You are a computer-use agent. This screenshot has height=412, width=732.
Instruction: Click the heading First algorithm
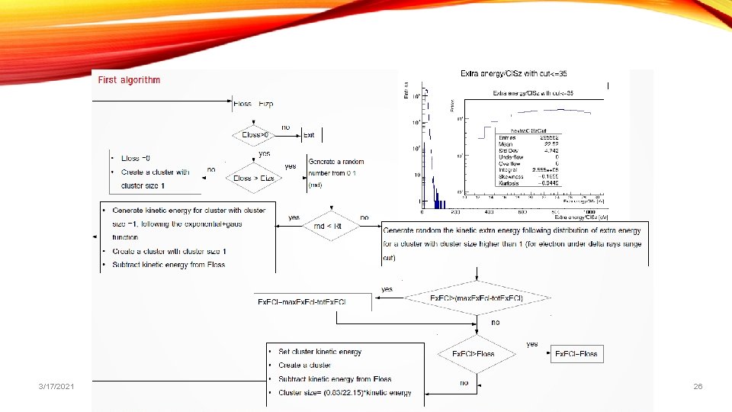(127, 80)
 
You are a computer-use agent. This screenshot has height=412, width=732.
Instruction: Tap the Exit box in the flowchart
(309, 135)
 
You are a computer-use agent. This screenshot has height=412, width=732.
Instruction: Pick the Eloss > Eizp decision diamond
(254, 178)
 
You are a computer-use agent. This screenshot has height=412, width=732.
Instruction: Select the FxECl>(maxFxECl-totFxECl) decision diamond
(477, 298)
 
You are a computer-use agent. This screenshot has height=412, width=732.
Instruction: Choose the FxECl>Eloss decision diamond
(474, 354)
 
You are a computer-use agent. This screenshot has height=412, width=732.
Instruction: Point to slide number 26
(698, 388)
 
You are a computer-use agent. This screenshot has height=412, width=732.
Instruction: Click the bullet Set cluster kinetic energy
(320, 352)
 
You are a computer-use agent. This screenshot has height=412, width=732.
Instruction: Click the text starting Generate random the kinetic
(512, 230)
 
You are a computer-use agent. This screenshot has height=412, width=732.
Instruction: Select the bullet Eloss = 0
(141, 158)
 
